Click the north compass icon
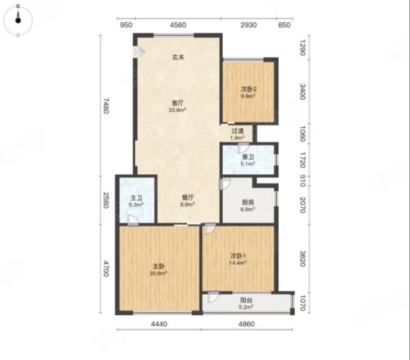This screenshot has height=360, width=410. click(18, 20)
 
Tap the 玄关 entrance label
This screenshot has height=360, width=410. click(178, 57)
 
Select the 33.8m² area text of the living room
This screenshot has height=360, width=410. click(177, 110)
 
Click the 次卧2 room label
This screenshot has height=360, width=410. click(249, 89)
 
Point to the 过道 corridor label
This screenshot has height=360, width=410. click(237, 130)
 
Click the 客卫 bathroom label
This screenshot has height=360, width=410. click(248, 157)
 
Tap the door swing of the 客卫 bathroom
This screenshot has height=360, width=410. click(242, 148)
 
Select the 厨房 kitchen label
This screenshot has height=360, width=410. click(248, 202)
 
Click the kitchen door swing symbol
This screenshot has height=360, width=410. click(225, 184)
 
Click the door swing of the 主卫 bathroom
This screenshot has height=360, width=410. click(133, 220)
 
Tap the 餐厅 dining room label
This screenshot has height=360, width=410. click(188, 197)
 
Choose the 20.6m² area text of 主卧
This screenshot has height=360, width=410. click(159, 273)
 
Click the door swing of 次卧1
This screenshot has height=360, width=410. click(210, 228)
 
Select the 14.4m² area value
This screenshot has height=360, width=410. click(238, 263)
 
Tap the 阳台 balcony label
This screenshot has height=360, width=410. click(246, 300)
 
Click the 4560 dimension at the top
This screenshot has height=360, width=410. click(178, 25)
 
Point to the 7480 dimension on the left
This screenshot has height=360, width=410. click(106, 106)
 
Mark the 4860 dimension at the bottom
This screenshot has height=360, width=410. click(246, 324)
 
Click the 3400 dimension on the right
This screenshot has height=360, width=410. click(302, 92)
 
